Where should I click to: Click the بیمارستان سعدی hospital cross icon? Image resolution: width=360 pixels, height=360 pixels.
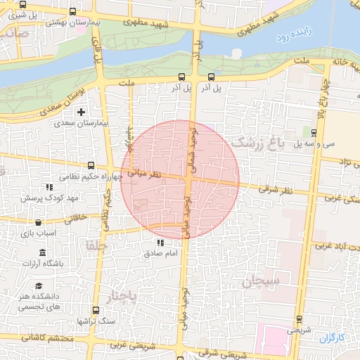pyautogui.click(x=82, y=112)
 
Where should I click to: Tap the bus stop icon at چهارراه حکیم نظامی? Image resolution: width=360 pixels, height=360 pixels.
pyautogui.click(x=90, y=166)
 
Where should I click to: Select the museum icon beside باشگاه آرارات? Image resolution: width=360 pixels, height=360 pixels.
pyautogui.click(x=43, y=252)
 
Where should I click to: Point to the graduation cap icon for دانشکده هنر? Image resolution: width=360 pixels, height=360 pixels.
pyautogui.click(x=40, y=285)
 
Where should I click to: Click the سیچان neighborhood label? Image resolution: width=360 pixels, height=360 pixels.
pyautogui.click(x=262, y=281)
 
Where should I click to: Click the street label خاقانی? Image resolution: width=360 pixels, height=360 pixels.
pyautogui.click(x=77, y=219)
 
